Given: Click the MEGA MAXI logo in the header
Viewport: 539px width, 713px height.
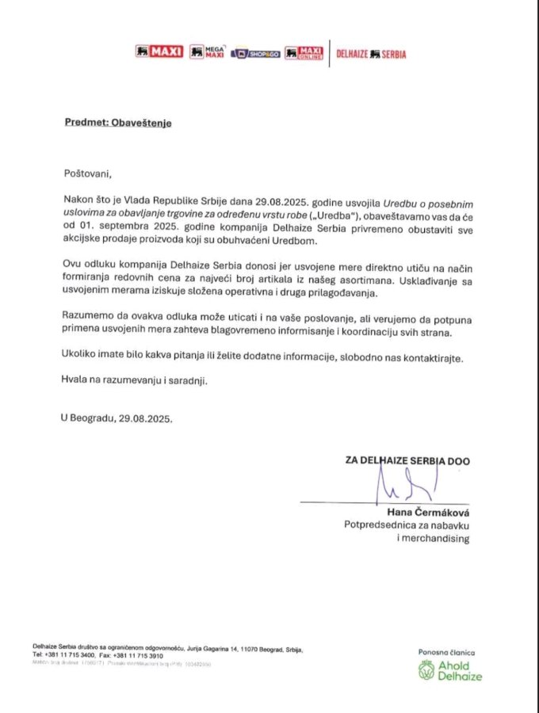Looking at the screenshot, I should click(x=208, y=52).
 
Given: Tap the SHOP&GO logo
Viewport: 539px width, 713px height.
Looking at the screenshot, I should click(x=256, y=53).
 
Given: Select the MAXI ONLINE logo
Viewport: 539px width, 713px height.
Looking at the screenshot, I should click(x=304, y=52).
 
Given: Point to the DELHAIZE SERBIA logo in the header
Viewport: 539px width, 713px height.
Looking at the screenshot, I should click(x=372, y=53).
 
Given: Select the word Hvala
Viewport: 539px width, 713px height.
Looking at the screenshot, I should click(x=76, y=381).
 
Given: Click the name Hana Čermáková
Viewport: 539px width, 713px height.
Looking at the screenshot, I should click(x=428, y=510).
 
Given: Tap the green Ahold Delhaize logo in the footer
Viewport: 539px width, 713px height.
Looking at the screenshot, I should click(x=449, y=670).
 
